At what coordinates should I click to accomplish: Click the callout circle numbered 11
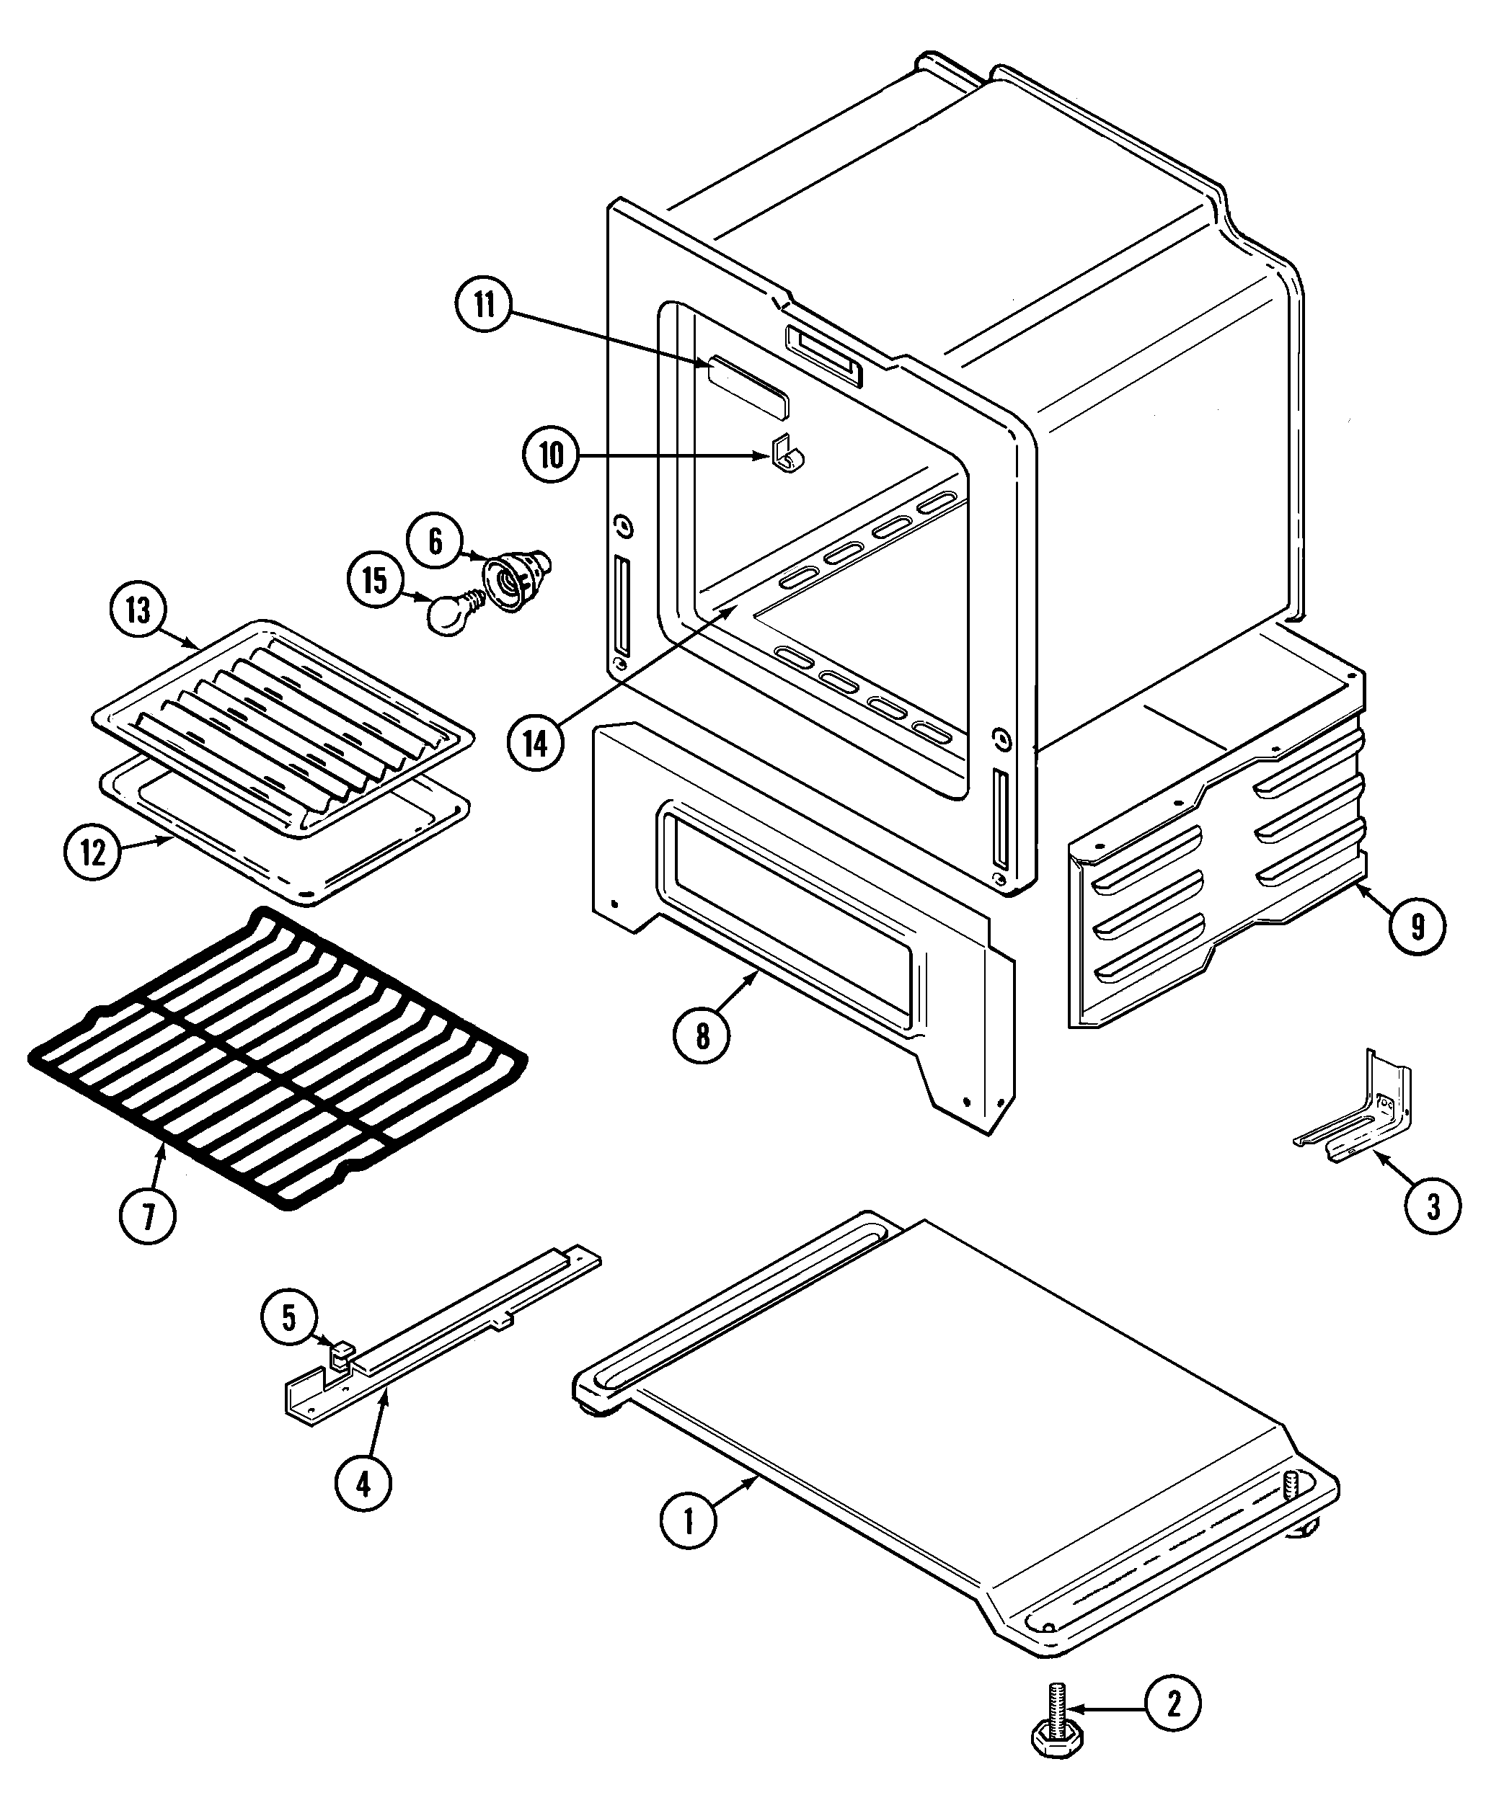tap(485, 306)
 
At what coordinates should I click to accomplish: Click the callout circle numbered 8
tap(702, 1036)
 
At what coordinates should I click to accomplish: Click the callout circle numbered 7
tap(147, 1216)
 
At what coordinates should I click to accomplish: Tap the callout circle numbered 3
tap(1433, 1206)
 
